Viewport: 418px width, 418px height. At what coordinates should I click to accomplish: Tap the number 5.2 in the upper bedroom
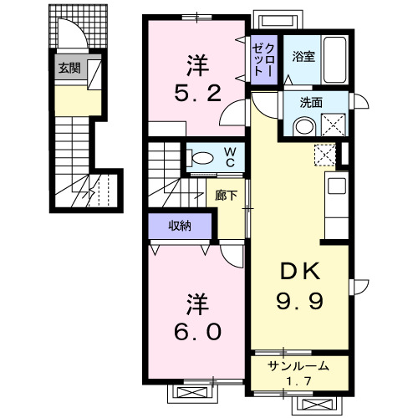tap(199, 94)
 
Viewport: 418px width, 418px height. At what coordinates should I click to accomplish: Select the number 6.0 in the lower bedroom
tap(197, 332)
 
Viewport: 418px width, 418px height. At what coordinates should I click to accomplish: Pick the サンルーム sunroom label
tap(298, 366)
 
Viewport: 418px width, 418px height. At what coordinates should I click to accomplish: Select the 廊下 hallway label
tap(226, 196)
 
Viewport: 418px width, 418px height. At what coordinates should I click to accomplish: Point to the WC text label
tap(228, 157)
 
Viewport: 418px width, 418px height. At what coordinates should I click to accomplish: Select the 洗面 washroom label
tap(311, 103)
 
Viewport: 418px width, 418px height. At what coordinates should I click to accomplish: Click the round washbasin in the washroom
tap(303, 127)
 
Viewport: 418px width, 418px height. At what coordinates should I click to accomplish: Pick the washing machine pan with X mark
tap(335, 125)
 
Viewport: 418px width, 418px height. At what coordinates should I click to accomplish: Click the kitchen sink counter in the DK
tap(338, 197)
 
